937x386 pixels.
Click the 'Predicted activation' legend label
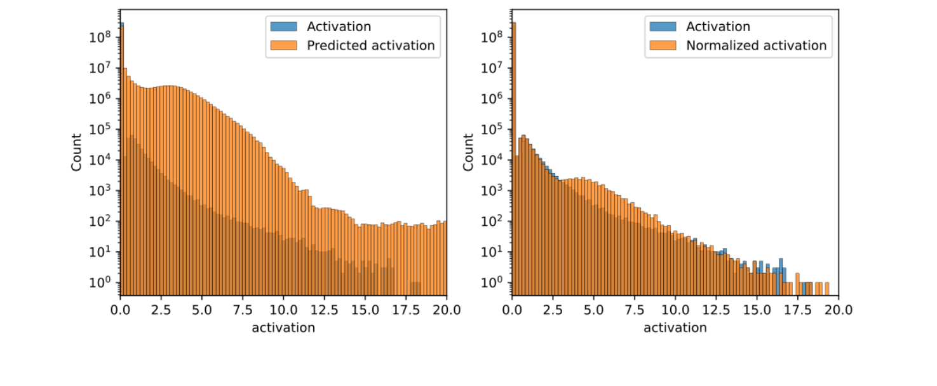tap(370, 45)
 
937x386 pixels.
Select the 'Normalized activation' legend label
tap(756, 45)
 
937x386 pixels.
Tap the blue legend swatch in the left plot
tap(283, 27)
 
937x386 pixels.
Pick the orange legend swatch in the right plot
tap(663, 45)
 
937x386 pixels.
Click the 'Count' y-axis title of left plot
tap(76, 152)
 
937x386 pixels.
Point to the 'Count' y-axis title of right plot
tap(468, 152)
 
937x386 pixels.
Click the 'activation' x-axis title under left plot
tap(283, 328)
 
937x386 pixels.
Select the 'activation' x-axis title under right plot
tap(675, 328)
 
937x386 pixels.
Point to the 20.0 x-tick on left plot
tap(447, 310)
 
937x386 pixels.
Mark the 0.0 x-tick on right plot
tap(512, 310)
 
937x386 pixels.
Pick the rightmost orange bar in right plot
tap(826, 288)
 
